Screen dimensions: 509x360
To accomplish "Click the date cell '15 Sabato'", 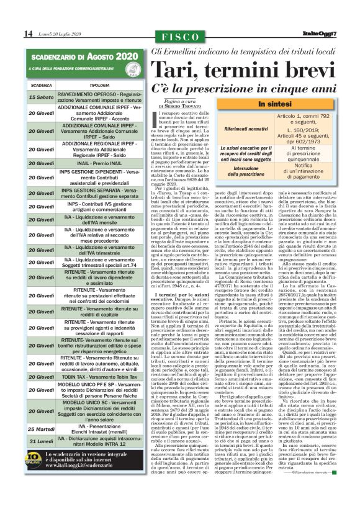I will click(x=40, y=97).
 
